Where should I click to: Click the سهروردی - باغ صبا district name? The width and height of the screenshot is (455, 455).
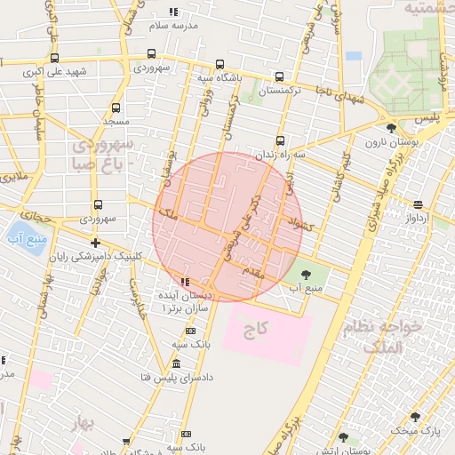click(x=104, y=153)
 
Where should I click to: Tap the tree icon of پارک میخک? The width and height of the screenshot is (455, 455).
click(x=414, y=417)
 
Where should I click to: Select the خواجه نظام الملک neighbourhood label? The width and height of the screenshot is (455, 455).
click(x=396, y=339)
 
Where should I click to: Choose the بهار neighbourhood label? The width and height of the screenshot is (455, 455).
click(x=86, y=421)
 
